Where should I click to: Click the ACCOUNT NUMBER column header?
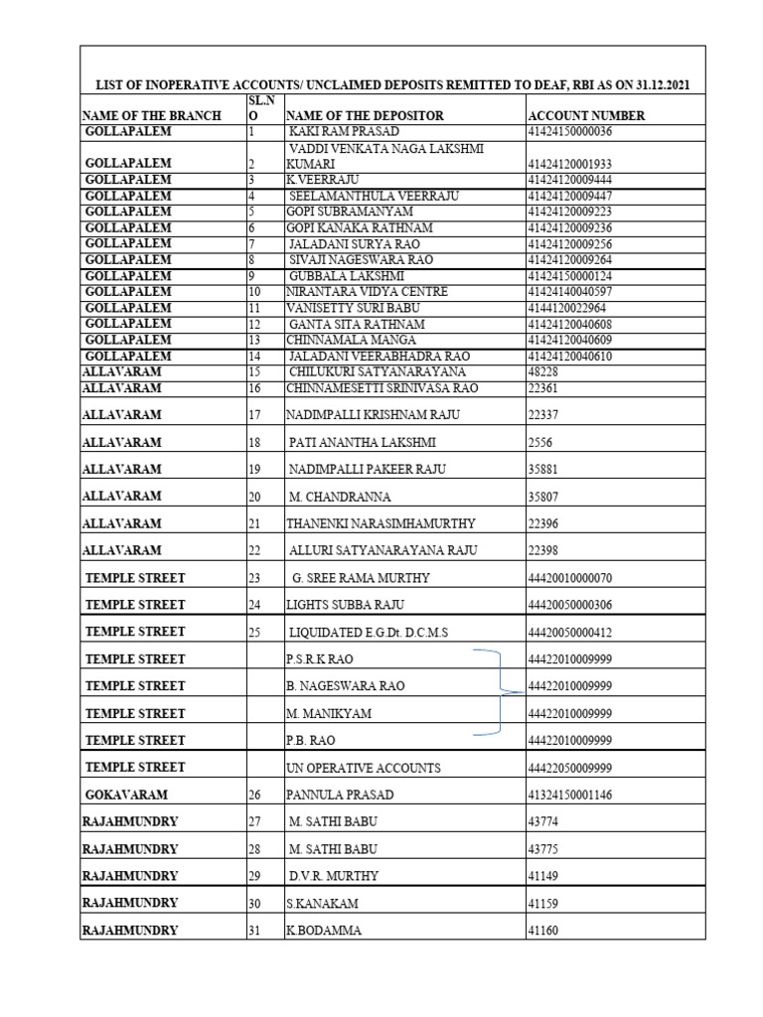click(x=586, y=115)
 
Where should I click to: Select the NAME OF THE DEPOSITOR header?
click(x=365, y=115)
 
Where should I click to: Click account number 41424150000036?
click(x=570, y=131)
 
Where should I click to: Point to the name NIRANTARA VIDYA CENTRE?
click(x=367, y=292)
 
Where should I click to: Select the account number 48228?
click(x=543, y=372)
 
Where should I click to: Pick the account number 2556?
click(x=540, y=442)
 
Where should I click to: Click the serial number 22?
click(x=254, y=550)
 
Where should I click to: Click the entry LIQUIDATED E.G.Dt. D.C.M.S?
click(x=369, y=633)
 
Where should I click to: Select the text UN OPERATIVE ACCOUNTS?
click(x=363, y=768)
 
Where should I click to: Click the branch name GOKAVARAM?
click(x=126, y=795)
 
